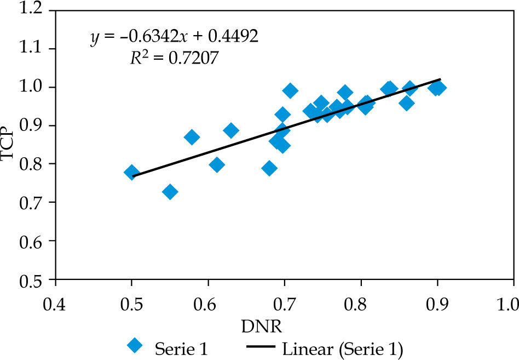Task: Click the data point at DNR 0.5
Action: tap(131, 173)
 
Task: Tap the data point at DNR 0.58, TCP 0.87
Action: tap(192, 137)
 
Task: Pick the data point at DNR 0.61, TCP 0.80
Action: tap(217, 164)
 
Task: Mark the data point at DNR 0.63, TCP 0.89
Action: tap(231, 130)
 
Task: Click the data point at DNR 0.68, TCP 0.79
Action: tap(269, 168)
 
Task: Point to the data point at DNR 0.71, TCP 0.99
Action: tap(291, 91)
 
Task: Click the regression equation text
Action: tap(174, 37)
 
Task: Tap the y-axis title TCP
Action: tap(8, 146)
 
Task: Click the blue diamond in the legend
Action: tap(136, 346)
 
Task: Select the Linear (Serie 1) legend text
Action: tap(342, 347)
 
